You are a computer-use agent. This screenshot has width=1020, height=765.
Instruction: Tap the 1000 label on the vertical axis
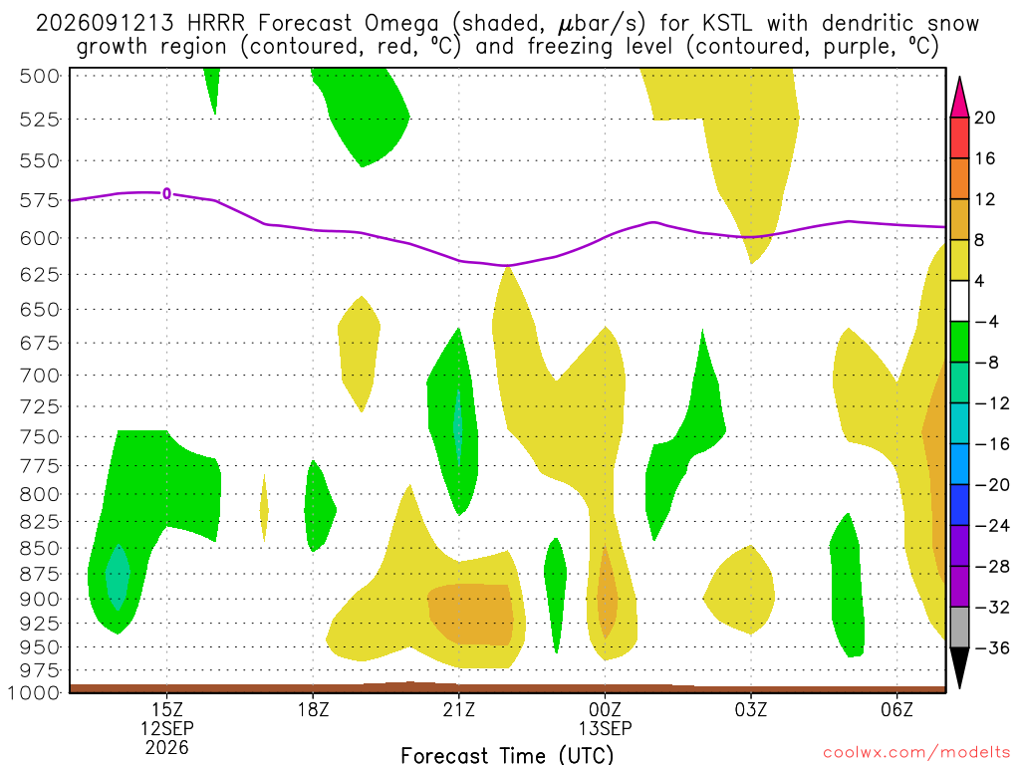pos(33,693)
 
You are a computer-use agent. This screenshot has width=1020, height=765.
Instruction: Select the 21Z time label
pos(459,709)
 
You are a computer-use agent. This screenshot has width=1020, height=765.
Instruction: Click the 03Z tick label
pos(751,709)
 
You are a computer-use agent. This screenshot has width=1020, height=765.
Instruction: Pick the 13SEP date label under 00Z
pos(605,728)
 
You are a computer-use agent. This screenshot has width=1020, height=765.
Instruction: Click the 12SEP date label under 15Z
pos(167,728)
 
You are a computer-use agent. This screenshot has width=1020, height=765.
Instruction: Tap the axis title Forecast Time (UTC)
pos(507,755)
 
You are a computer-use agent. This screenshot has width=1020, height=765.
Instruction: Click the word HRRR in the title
pos(215,24)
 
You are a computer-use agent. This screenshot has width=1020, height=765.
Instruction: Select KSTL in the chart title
pos(726,24)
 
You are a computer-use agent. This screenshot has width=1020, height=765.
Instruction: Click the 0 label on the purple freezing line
pos(167,193)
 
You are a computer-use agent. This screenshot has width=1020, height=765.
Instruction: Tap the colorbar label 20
pos(985,118)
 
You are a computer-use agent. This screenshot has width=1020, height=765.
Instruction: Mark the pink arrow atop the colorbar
pos(959,97)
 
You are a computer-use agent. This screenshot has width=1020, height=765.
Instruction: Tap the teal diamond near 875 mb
pos(118,577)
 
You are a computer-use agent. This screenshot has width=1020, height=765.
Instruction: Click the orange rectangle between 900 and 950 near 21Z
pos(471,614)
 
